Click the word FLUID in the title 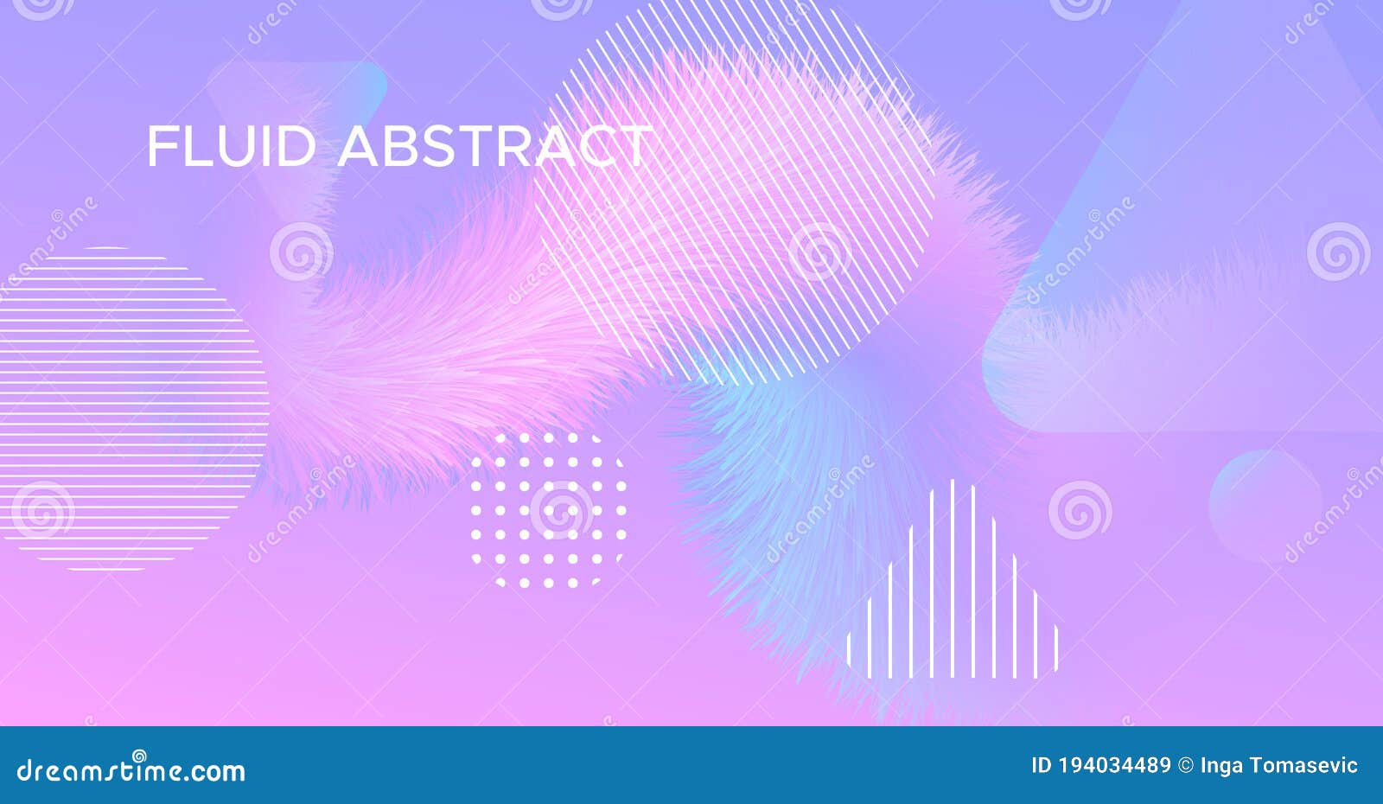click(x=231, y=146)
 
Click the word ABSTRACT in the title click(x=494, y=146)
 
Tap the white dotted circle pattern click(x=548, y=510)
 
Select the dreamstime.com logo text click(x=131, y=769)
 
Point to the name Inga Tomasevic click(x=1278, y=765)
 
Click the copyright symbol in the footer click(x=1185, y=765)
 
